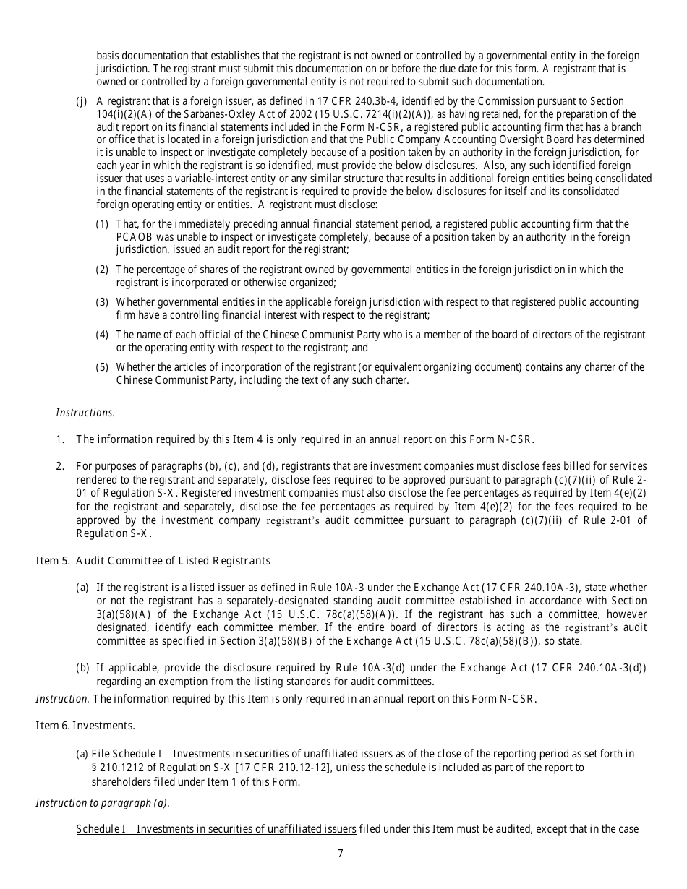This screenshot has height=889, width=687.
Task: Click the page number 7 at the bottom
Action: click(x=341, y=853)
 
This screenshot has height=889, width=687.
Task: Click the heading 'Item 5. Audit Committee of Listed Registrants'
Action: click(x=153, y=561)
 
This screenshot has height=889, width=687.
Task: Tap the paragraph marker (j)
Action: click(x=82, y=101)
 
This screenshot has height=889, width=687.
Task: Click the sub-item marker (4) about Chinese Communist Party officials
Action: click(x=103, y=335)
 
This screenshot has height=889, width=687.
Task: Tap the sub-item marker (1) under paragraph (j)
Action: click(x=103, y=224)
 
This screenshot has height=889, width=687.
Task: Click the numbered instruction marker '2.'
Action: click(x=61, y=466)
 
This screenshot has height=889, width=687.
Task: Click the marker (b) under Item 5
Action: click(x=82, y=668)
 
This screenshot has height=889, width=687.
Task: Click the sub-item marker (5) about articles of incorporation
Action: click(x=103, y=367)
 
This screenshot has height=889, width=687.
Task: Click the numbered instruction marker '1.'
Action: click(x=61, y=439)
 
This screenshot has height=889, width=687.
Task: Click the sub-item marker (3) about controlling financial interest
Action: click(x=103, y=302)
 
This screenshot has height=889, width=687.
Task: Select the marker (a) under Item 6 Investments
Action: click(x=82, y=754)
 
